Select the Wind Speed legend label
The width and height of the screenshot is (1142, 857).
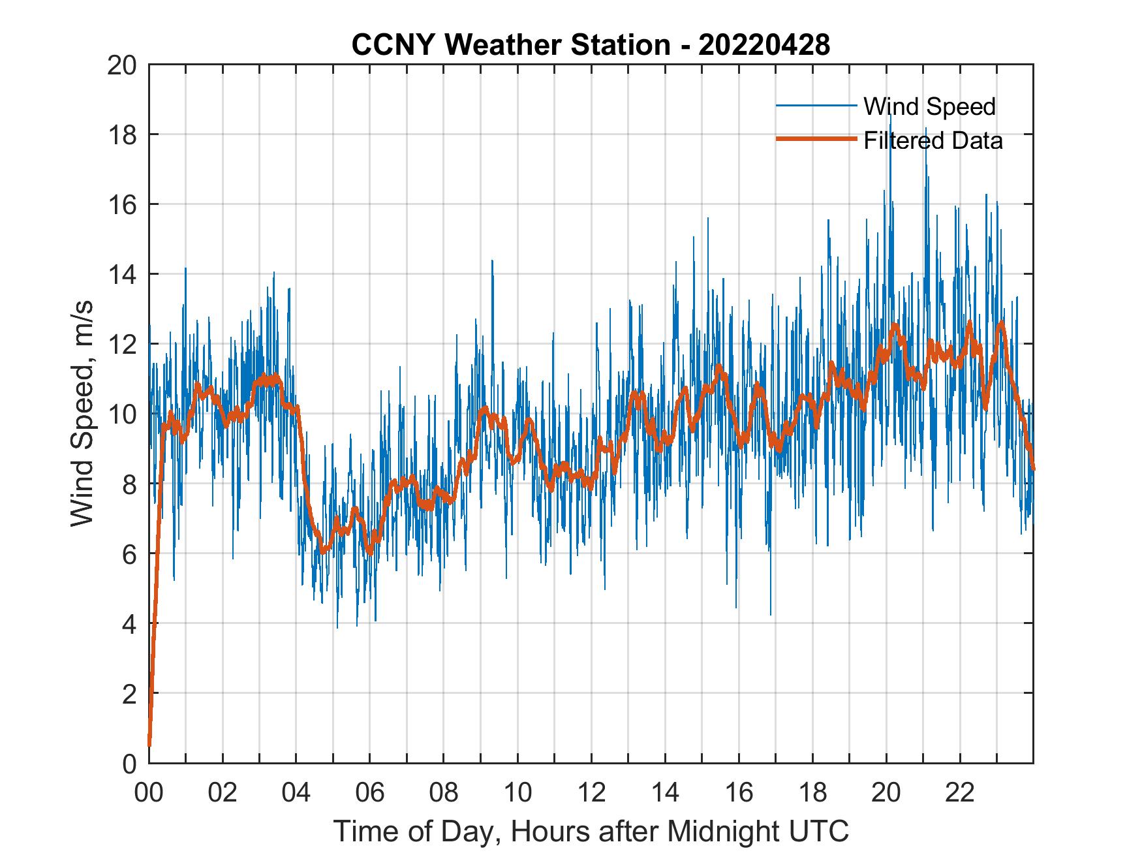coord(929,106)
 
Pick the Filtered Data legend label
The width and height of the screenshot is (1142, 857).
coord(933,140)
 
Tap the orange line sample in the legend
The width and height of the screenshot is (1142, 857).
coord(816,140)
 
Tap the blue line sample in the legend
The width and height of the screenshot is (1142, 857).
coord(816,106)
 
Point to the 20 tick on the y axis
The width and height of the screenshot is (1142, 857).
coord(122,65)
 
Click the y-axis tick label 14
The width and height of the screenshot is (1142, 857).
coord(122,275)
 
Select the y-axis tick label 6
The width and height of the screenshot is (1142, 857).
coord(129,554)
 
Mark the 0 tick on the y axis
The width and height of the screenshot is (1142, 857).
coord(129,764)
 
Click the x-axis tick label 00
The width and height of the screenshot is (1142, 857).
coord(149,793)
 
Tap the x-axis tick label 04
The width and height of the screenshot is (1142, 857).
coord(296,793)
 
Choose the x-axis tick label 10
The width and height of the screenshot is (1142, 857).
coord(517,793)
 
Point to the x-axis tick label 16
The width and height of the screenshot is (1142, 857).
coord(739,793)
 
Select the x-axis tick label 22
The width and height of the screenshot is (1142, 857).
coord(960,793)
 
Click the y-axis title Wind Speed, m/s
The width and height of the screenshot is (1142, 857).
coord(82,414)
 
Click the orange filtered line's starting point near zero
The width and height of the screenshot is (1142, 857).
coord(149,744)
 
